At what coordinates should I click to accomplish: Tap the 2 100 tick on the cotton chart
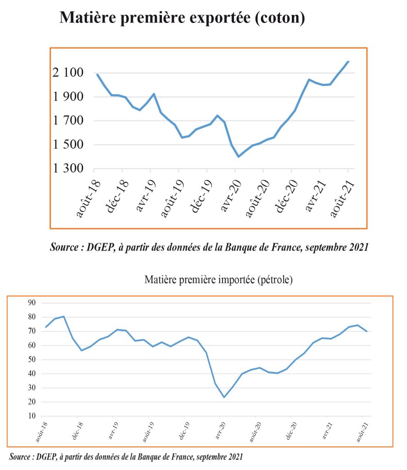(x=68, y=73)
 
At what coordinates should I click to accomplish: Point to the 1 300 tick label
(x=68, y=168)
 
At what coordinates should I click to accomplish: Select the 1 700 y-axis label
(x=68, y=121)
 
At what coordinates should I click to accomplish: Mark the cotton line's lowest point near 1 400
(x=239, y=157)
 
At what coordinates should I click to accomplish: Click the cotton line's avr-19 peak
(x=154, y=94)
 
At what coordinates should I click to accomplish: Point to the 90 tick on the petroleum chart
(x=32, y=302)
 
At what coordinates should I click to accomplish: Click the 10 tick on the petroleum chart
(x=32, y=416)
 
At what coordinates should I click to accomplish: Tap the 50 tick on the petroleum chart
(x=32, y=359)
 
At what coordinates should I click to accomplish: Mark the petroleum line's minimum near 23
(x=224, y=397)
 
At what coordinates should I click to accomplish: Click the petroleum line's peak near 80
(x=64, y=316)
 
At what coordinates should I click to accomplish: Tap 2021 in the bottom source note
(x=232, y=457)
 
